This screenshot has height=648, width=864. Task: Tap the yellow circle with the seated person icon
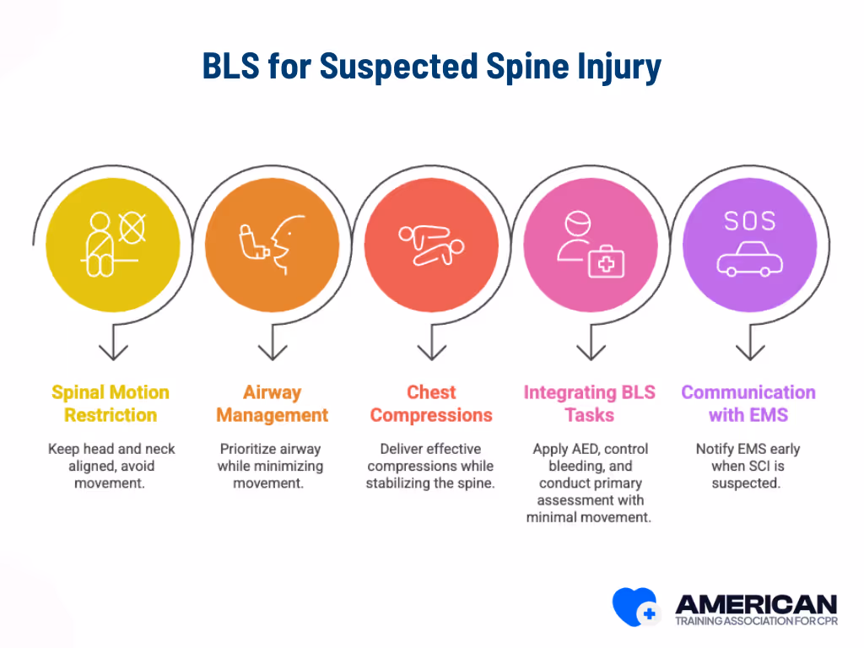(x=112, y=240)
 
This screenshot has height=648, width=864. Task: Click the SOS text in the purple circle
(x=748, y=221)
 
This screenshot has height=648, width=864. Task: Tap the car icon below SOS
(x=748, y=260)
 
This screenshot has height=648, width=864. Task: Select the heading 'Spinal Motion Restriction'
(x=111, y=403)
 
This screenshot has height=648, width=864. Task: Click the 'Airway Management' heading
(x=272, y=403)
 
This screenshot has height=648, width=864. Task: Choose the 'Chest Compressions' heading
(x=431, y=403)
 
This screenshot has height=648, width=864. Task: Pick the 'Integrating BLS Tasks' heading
(x=589, y=403)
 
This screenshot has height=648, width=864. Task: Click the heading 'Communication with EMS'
(x=748, y=403)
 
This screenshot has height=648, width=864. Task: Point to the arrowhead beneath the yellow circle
(x=113, y=351)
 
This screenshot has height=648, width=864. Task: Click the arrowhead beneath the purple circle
(x=749, y=351)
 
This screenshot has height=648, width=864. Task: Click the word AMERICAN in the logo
(x=756, y=603)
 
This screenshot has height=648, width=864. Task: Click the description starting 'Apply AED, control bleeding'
(x=589, y=483)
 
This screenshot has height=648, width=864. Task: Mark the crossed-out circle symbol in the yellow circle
(x=132, y=226)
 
